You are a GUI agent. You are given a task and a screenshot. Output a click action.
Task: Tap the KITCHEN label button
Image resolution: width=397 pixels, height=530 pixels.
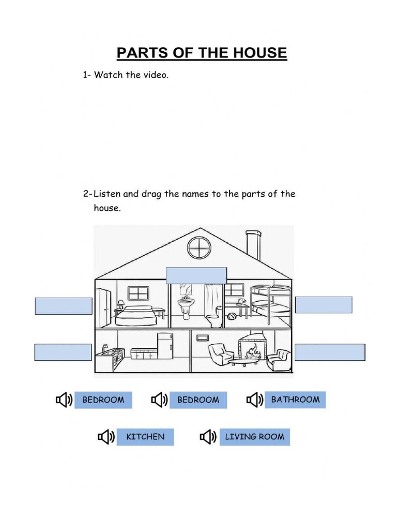pyautogui.click(x=145, y=437)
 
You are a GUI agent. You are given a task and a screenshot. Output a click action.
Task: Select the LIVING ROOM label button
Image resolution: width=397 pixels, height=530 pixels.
pyautogui.click(x=254, y=437)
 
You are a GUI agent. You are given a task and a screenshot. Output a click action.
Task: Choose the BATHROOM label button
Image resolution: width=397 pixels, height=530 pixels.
pyautogui.click(x=295, y=400)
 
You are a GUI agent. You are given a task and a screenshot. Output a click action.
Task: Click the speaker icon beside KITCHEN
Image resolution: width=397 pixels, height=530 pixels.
pyautogui.click(x=105, y=437)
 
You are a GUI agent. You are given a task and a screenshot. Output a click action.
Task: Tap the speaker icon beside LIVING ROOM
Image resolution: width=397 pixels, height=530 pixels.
pyautogui.click(x=207, y=437)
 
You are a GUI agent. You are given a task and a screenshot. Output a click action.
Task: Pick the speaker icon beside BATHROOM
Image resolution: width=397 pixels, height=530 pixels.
pyautogui.click(x=254, y=400)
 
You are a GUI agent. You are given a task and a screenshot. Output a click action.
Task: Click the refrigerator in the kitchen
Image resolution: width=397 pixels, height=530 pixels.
pyautogui.click(x=164, y=346)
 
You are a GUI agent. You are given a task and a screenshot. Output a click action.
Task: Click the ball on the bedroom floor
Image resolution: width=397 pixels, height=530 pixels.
pyautogui.click(x=231, y=316)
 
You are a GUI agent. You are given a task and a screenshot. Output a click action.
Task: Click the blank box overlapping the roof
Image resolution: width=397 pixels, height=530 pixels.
pyautogui.click(x=196, y=275)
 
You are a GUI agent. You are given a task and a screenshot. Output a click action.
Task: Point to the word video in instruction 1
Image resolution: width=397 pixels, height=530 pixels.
pyautogui.click(x=155, y=75)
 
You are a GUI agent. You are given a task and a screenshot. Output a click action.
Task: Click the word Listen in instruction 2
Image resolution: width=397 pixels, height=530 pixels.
pyautogui.click(x=108, y=194)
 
